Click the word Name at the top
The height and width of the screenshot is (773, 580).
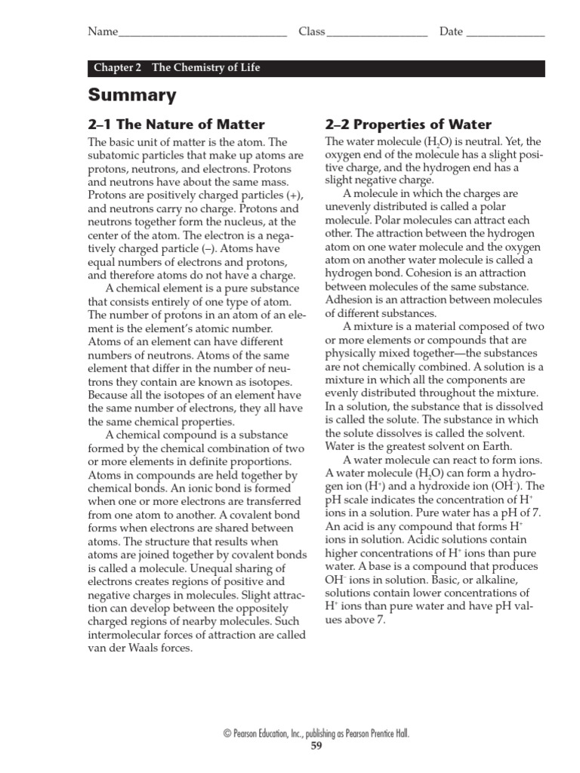[x=103, y=32]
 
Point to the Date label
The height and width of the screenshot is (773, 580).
[x=451, y=32]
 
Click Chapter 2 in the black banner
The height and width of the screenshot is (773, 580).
[x=118, y=68]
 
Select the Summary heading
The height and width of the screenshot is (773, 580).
[x=132, y=95]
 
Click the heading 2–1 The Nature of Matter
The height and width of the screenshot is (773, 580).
[x=177, y=125]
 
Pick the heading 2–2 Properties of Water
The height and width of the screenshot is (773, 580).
[x=408, y=125]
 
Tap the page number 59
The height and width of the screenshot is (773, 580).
[x=316, y=747]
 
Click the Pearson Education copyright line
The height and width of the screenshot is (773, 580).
[x=316, y=734]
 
